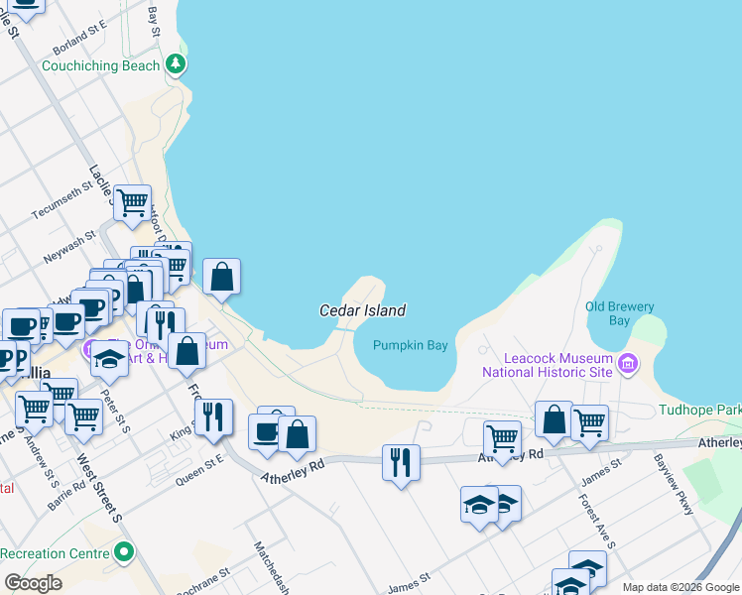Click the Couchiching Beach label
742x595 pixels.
(x=100, y=66)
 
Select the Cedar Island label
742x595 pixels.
(x=362, y=310)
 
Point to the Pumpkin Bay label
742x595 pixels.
(x=411, y=345)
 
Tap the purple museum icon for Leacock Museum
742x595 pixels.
(x=627, y=364)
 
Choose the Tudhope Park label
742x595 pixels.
(x=699, y=410)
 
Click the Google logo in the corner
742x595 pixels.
(x=34, y=582)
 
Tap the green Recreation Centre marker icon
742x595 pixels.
(x=123, y=550)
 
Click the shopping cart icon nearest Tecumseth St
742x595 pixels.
(x=132, y=203)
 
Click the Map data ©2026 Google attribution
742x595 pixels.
(x=680, y=587)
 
